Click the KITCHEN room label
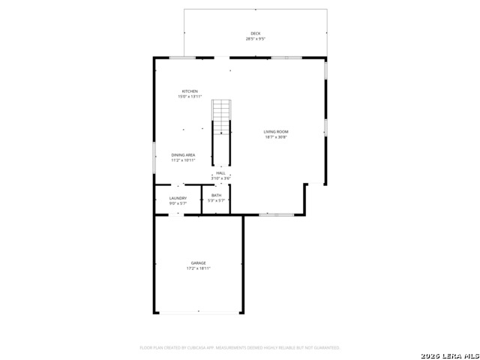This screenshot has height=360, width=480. pyautogui.click(x=190, y=91)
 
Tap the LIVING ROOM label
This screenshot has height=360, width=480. pyautogui.click(x=276, y=132)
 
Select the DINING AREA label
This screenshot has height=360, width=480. pyautogui.click(x=183, y=154)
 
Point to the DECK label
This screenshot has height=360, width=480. pyautogui.click(x=256, y=33)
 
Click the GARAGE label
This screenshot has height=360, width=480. pyautogui.click(x=199, y=263)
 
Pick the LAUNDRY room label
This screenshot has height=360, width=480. pyautogui.click(x=178, y=198)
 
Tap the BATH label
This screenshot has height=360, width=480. pyautogui.click(x=216, y=196)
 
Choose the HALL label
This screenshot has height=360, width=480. pyautogui.click(x=220, y=173)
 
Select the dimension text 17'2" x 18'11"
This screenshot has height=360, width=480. pyautogui.click(x=199, y=268)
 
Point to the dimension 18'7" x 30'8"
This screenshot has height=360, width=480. pyautogui.click(x=276, y=137)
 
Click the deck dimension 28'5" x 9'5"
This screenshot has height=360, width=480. pyautogui.click(x=256, y=38)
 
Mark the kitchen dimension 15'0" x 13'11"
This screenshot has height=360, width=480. pyautogui.click(x=190, y=97)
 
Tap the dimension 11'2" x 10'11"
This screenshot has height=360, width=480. pyautogui.click(x=183, y=160)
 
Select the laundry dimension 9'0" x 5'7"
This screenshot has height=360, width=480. pyautogui.click(x=178, y=203)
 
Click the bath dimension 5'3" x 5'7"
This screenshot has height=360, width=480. pyautogui.click(x=216, y=201)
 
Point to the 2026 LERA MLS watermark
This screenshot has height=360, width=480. pyautogui.click(x=449, y=354)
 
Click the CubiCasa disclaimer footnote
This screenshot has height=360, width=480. pyautogui.click(x=240, y=348)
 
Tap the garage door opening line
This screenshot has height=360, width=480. pyautogui.click(x=199, y=313)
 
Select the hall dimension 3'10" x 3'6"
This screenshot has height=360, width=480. pyautogui.click(x=220, y=178)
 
